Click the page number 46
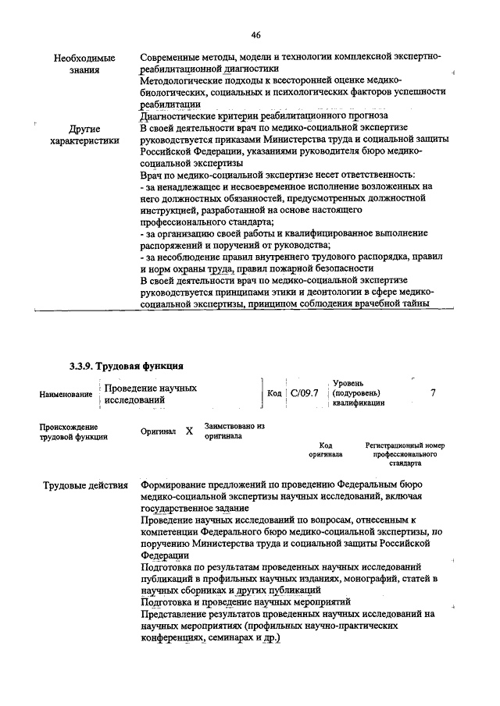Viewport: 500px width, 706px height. pos(256,34)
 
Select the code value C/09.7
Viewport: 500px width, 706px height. pos(303,393)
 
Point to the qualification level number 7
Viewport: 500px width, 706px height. pos(433,392)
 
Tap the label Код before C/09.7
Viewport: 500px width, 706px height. pos(273,393)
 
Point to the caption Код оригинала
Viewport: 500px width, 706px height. pos(327,449)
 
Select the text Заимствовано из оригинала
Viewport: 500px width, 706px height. pos(234,431)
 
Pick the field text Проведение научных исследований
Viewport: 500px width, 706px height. pos(150,394)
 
